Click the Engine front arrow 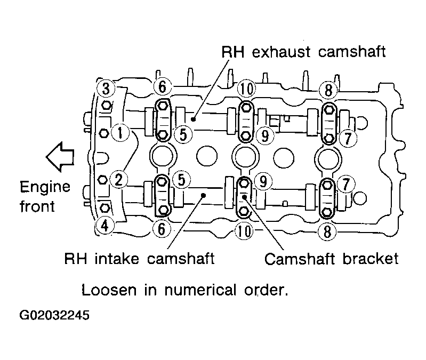click(x=60, y=157)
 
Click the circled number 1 click(x=120, y=133)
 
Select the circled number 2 click(x=119, y=180)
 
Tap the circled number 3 click(x=106, y=89)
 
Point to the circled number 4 click(x=105, y=225)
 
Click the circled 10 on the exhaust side click(x=247, y=89)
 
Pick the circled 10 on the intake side click(x=244, y=231)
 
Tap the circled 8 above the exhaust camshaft click(x=328, y=90)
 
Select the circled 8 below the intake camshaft click(x=327, y=231)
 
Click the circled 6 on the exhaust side click(x=163, y=87)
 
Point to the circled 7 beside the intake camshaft click(x=345, y=184)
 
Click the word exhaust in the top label click(x=281, y=52)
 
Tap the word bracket click(x=371, y=259)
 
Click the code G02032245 click(x=54, y=315)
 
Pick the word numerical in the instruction click(x=200, y=290)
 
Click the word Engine click(x=45, y=187)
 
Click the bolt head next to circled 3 click(x=106, y=106)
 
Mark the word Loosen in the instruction click(x=109, y=290)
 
